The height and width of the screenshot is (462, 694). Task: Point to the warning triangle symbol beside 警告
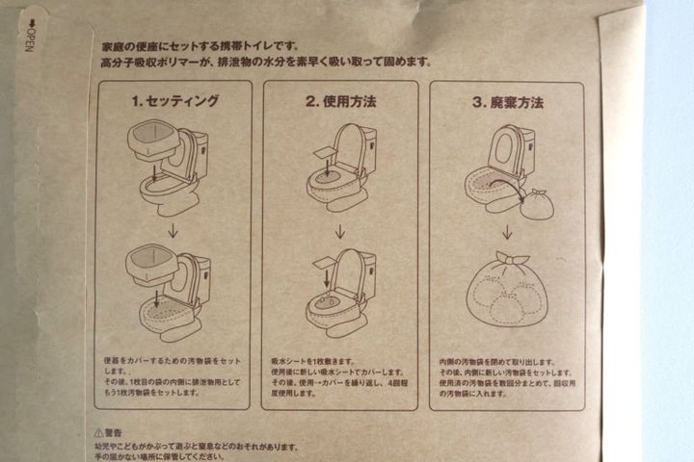point(99,434)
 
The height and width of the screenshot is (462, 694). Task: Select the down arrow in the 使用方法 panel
point(340,230)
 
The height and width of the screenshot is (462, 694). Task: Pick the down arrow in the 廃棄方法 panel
point(507,230)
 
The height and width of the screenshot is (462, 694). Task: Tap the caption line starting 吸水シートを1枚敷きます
point(317,358)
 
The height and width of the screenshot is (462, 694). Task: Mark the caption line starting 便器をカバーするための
point(164,358)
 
